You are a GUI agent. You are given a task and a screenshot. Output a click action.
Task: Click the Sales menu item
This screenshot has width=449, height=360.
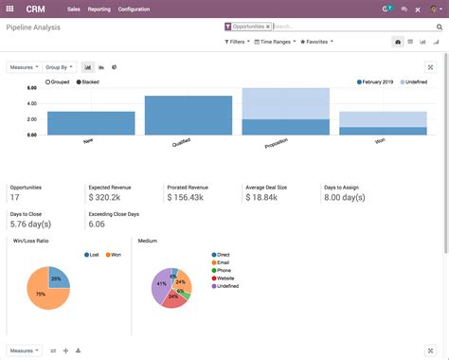click(73, 9)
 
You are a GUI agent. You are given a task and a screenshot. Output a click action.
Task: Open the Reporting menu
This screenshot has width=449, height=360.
click(99, 9)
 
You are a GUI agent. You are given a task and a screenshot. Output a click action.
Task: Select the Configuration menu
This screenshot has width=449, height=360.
click(134, 9)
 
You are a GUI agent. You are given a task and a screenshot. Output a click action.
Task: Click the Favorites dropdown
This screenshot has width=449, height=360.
click(322, 43)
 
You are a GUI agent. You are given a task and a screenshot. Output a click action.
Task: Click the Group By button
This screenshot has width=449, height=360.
click(59, 67)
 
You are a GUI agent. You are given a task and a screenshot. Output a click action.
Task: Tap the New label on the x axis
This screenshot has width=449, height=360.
click(88, 140)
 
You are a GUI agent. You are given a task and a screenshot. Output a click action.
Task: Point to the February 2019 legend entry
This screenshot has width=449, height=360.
click(378, 82)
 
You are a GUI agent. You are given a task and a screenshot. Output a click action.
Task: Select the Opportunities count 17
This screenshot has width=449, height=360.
click(15, 197)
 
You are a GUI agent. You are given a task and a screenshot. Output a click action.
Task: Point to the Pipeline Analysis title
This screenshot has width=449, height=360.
click(35, 29)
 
